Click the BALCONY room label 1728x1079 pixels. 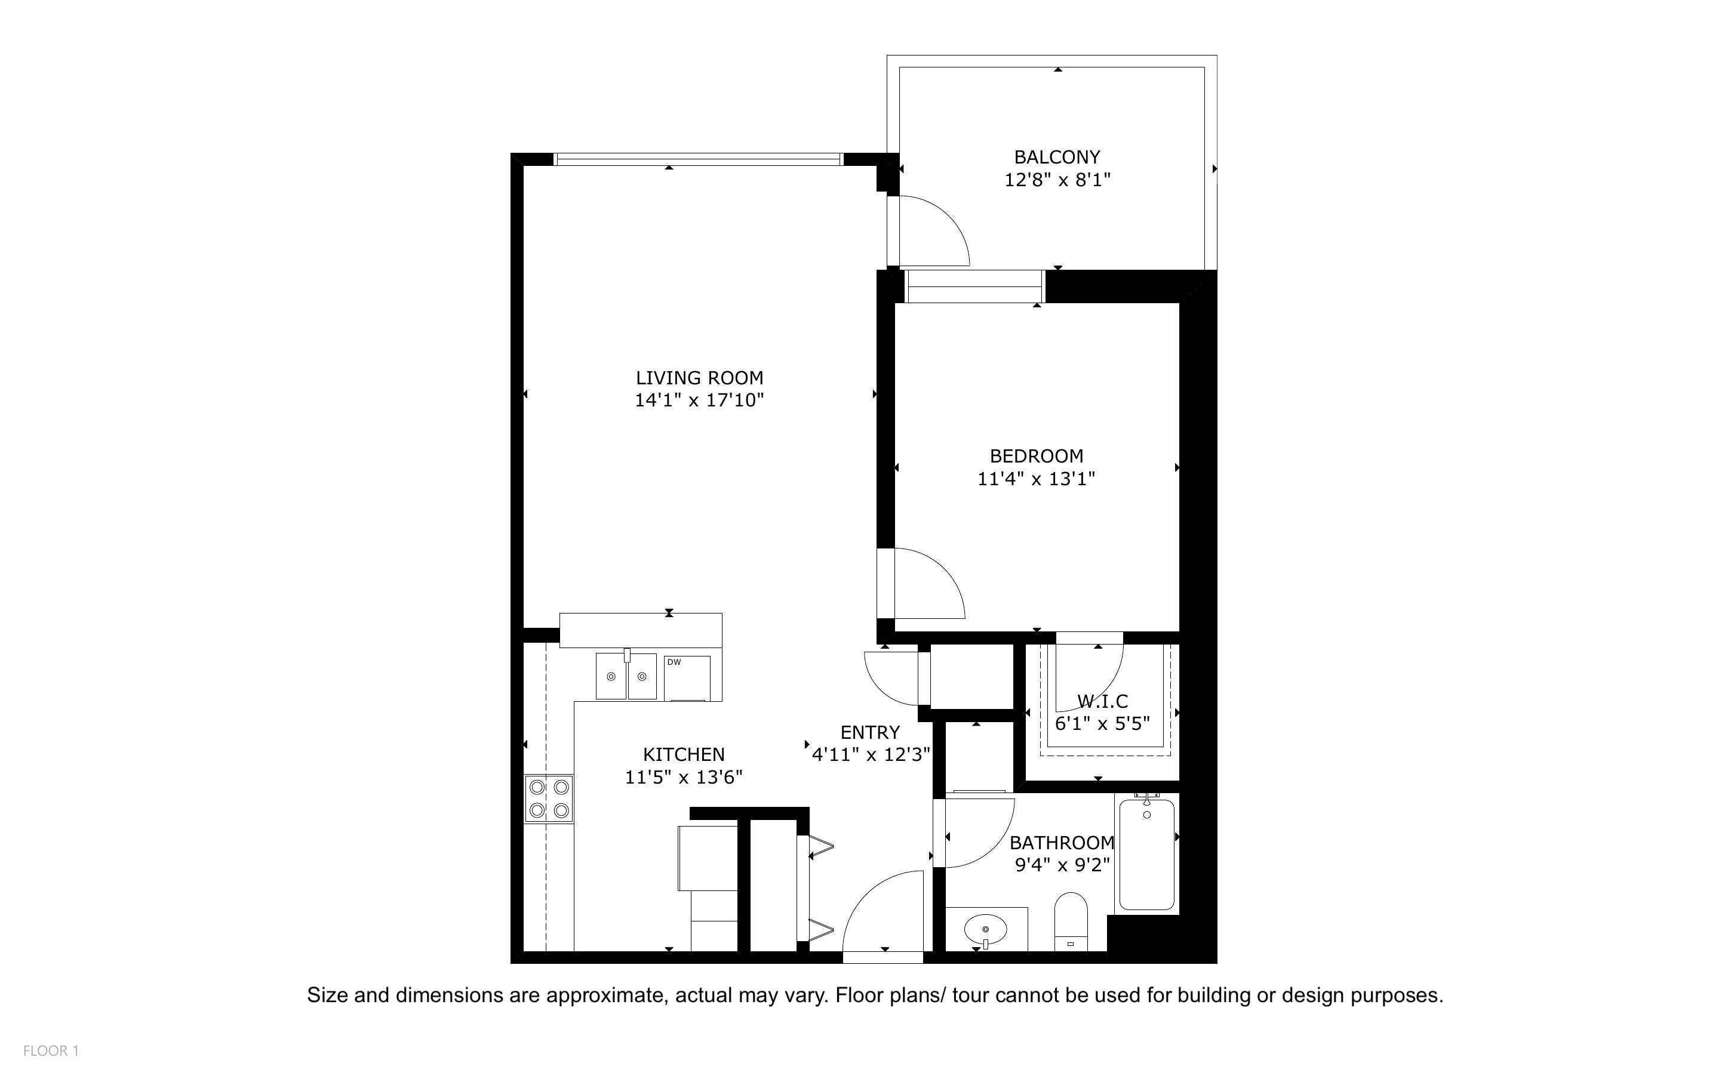coord(1056,157)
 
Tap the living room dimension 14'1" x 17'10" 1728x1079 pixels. coord(699,400)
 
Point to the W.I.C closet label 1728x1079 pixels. coord(1102,701)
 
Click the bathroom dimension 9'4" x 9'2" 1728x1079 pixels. coord(1062,865)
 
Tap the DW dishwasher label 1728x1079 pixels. coord(674,662)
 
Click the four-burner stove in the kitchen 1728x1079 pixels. coord(549,799)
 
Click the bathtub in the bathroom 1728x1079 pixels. coord(1146,855)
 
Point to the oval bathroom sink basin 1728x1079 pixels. coord(985,930)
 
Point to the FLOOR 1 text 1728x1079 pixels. coord(51,1050)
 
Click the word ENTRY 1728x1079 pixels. coord(869,732)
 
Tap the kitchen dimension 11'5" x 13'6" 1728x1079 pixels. coord(683,777)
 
